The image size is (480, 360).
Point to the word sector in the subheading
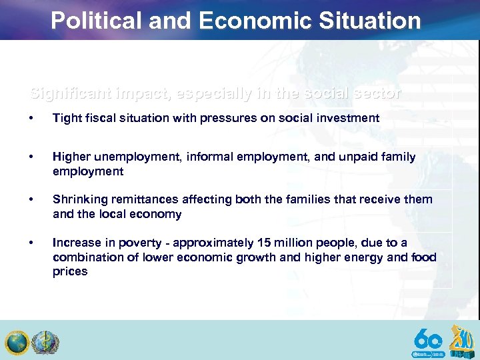(378, 94)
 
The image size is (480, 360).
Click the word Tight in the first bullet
(67, 118)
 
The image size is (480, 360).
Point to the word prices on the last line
(70, 271)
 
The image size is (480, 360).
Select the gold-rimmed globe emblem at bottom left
(17, 343)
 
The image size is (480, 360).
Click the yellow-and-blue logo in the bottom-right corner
(462, 340)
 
